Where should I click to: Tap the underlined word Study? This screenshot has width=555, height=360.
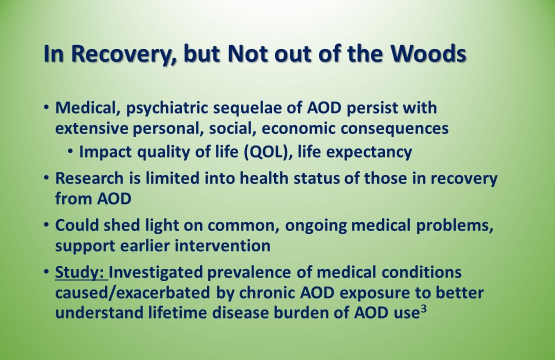click(x=80, y=273)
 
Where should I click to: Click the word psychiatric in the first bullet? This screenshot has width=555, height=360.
click(x=159, y=107)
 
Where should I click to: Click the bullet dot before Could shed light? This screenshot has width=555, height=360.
click(x=46, y=225)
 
